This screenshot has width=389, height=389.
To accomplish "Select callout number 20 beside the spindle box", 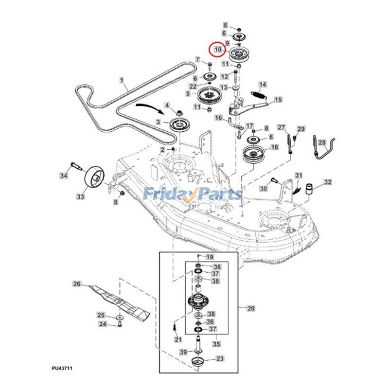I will [251, 308].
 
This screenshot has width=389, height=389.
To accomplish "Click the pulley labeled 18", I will [252, 158].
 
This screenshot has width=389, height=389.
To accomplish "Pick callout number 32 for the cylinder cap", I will [328, 182].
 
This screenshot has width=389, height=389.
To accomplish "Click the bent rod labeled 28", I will [324, 149].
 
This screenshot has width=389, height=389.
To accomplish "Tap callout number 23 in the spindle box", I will [220, 359].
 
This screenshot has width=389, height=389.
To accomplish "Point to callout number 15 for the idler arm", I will [278, 100].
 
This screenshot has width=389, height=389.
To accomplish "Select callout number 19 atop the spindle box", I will [210, 256].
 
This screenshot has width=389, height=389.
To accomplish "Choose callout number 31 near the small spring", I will [299, 176].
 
